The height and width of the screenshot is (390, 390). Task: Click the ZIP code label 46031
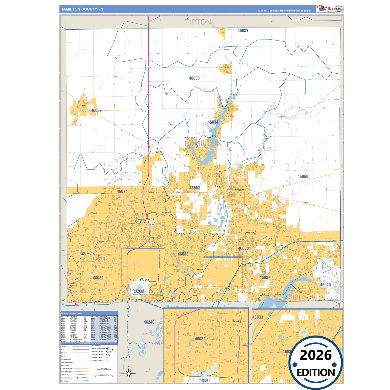coord(243,31)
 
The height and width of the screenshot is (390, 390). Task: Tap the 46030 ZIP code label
coord(194,78)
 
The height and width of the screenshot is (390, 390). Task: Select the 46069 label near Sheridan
coord(96,110)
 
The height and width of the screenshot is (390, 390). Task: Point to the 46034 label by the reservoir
coord(213,122)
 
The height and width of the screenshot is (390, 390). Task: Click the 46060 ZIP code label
coord(303,177)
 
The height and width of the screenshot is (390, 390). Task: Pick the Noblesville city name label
coord(239,190)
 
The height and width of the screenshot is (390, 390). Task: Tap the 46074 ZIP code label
coord(122,192)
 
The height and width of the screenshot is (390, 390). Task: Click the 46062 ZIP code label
coord(195,188)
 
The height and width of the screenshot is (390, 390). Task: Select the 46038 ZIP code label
coord(243,249)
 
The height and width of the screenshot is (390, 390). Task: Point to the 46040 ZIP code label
coord(325,285)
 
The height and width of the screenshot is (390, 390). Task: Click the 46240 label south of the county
coord(149,322)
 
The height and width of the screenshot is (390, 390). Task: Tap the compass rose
coord(129,374)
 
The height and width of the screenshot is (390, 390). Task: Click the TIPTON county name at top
coord(198,22)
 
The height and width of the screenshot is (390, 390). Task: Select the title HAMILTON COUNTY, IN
coord(82,9)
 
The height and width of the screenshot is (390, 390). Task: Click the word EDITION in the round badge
coord(316,373)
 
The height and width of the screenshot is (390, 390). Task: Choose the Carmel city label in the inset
coord(235,321)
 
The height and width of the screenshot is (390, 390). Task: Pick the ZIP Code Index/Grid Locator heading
coord(72,313)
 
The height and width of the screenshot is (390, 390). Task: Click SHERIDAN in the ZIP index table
coord(103,320)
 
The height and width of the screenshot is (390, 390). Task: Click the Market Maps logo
coord(326,9)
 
